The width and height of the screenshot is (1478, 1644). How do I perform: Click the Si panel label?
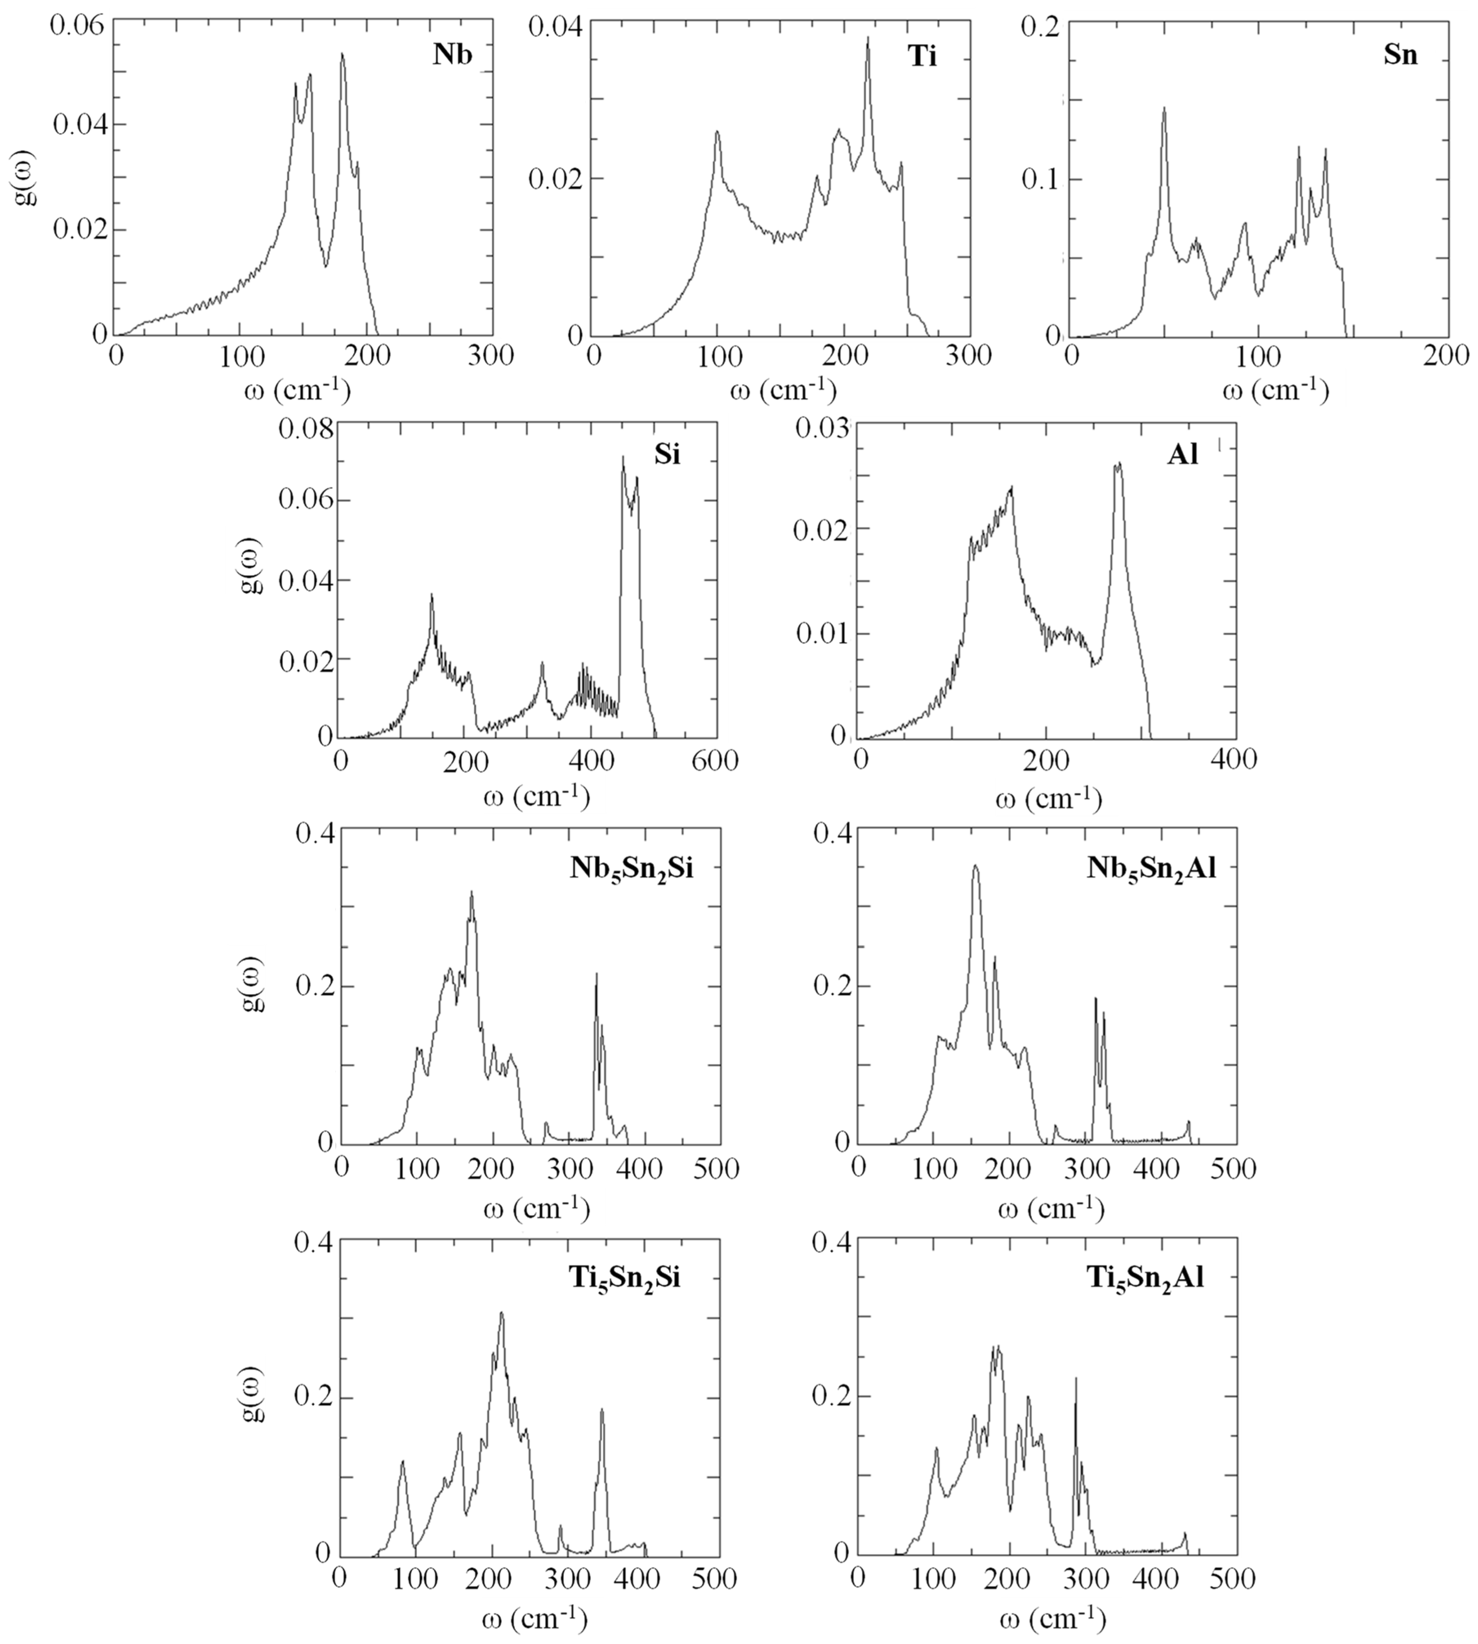coord(668,455)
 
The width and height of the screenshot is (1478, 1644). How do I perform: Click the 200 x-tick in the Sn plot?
coord(1446,356)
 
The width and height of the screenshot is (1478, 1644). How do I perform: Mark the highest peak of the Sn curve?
coord(1164,108)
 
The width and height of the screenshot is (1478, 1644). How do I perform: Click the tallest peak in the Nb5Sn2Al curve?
coord(975,866)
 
